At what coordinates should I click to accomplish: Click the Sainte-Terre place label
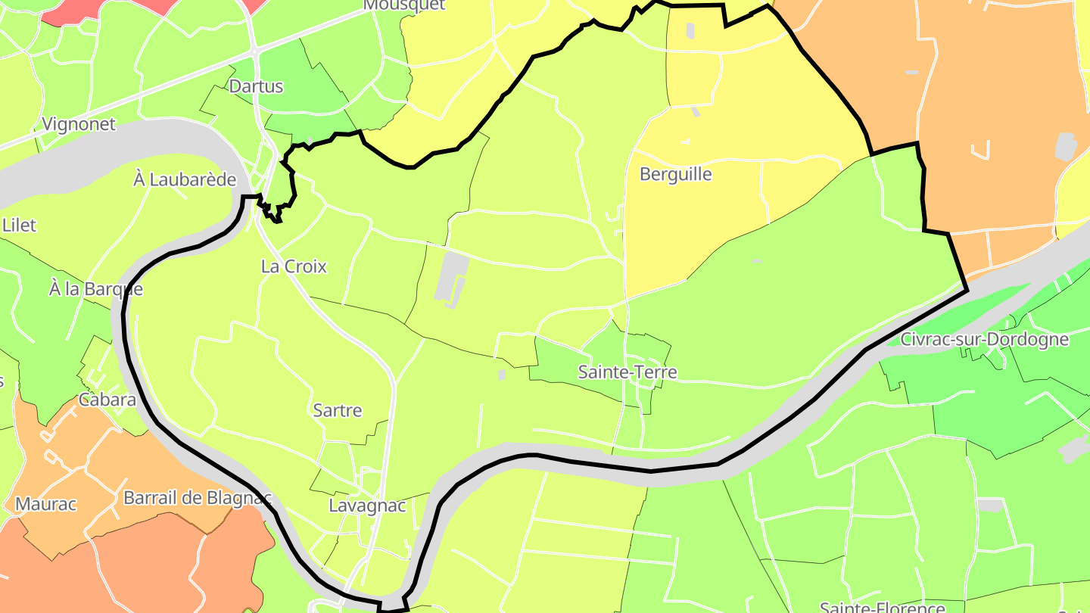(x=628, y=372)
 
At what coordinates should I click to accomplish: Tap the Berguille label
(x=676, y=174)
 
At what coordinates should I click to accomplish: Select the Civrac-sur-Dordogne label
(x=984, y=339)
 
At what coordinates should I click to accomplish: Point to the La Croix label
(x=294, y=266)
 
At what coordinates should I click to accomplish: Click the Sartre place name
(x=338, y=411)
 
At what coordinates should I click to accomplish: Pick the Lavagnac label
(x=367, y=506)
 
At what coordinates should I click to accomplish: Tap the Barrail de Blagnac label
(x=197, y=498)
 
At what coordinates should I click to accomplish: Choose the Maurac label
(x=46, y=504)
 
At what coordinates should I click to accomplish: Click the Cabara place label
(x=107, y=400)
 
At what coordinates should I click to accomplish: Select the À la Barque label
(x=95, y=289)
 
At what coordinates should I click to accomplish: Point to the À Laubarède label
(x=185, y=180)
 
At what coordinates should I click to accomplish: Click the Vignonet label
(x=79, y=124)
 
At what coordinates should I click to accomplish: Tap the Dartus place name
(x=256, y=86)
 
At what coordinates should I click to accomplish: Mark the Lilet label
(x=20, y=226)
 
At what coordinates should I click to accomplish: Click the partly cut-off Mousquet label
(x=394, y=5)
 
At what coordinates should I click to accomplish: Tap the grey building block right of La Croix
(x=452, y=275)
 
